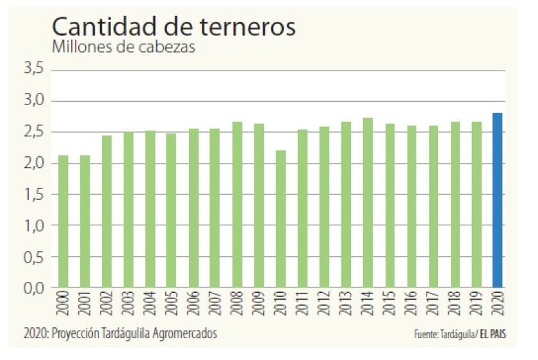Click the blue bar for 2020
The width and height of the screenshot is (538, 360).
497,200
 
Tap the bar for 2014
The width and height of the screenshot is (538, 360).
368,202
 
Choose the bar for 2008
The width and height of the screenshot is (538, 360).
237,204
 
